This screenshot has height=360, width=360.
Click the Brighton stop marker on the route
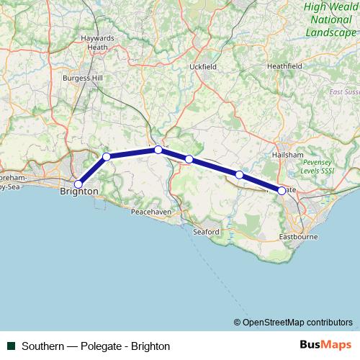(x=78, y=184)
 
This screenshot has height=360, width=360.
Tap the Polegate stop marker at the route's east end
(x=282, y=191)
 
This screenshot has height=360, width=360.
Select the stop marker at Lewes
(x=158, y=150)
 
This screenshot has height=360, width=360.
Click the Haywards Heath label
(x=98, y=42)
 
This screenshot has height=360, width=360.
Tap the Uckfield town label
(x=203, y=66)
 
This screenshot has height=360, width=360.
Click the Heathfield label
(x=284, y=66)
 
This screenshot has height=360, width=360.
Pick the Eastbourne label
(x=295, y=236)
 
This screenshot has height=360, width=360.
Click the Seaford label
(x=206, y=231)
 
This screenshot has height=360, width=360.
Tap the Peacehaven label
(x=150, y=212)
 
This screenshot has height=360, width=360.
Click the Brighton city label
(x=78, y=192)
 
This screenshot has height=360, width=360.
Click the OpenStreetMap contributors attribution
(x=292, y=323)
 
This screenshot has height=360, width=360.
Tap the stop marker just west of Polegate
(x=239, y=174)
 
